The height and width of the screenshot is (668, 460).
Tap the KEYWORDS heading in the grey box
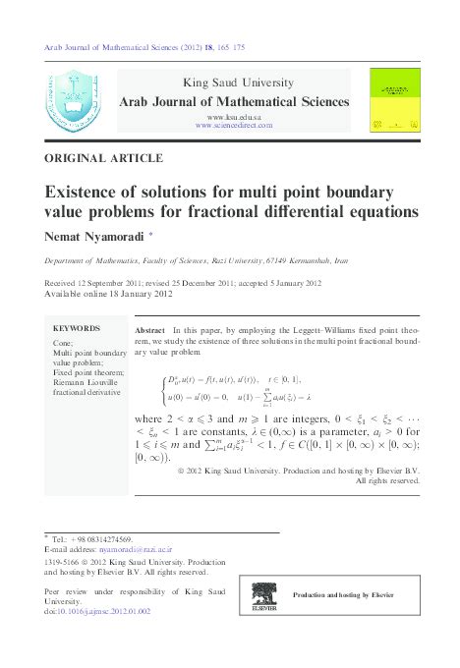(x=77, y=328)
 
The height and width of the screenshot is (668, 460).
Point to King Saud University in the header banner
(x=234, y=82)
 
